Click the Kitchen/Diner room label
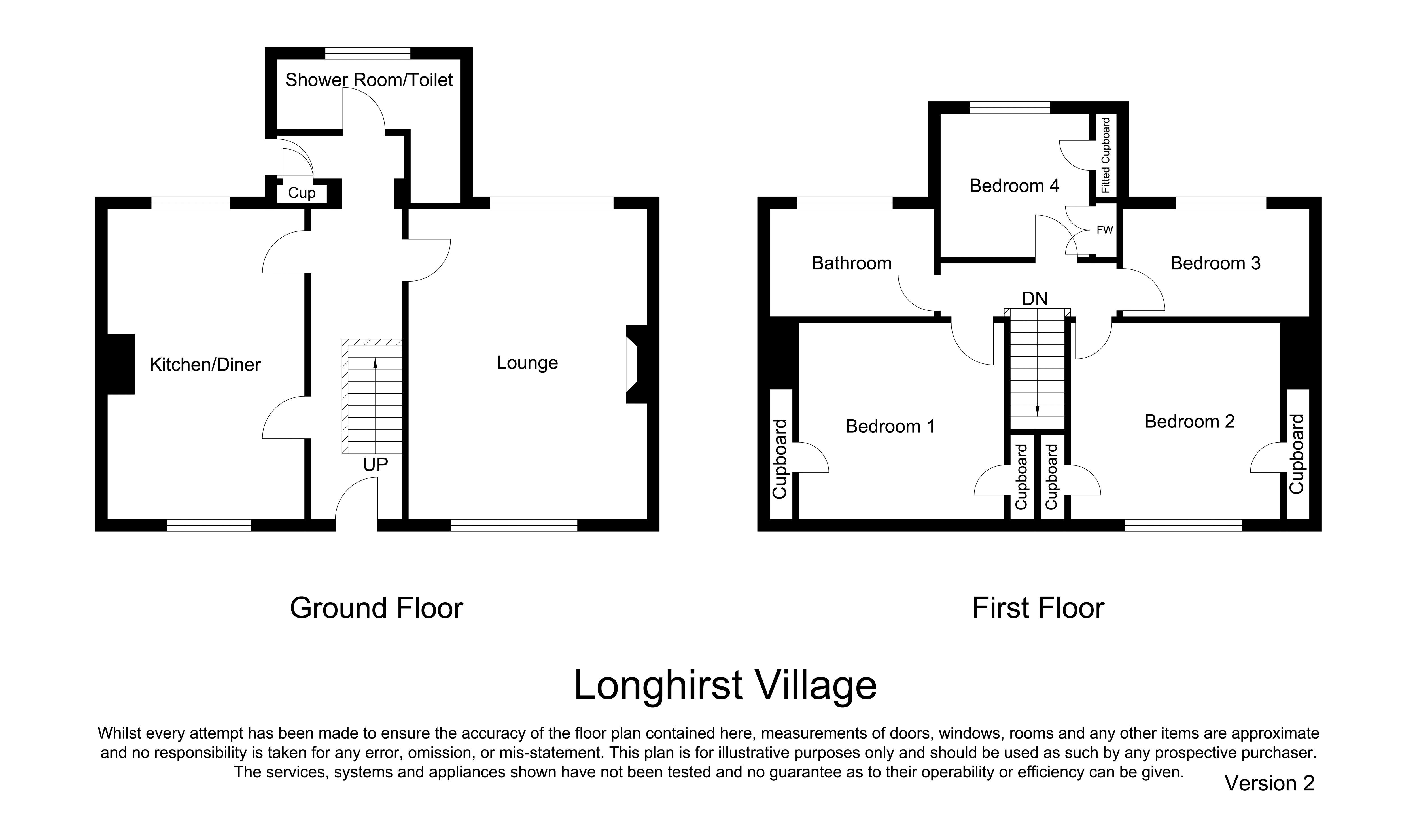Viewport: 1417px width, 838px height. [205, 365]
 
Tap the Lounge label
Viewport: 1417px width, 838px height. [527, 363]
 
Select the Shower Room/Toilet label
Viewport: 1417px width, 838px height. [369, 80]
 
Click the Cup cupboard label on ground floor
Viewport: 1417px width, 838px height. [302, 193]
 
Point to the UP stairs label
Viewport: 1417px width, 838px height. [375, 464]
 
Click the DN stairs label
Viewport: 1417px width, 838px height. [1035, 299]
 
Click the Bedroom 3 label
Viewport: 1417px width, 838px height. [1216, 263]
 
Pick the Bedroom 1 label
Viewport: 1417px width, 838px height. [890, 426]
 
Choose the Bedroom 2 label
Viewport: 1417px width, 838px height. [1189, 421]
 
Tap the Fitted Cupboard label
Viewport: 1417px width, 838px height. [1105, 155]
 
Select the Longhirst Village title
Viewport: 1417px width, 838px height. [725, 686]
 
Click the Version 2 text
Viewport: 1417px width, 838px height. [1269, 783]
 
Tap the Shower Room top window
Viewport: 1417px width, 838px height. [368, 54]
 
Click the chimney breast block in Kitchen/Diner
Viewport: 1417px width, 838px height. [121, 364]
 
